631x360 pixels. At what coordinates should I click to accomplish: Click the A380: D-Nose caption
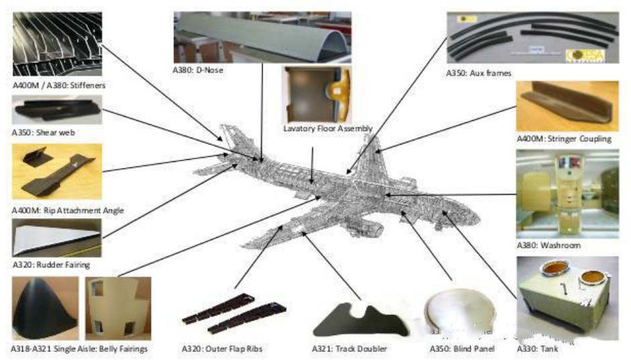pos(197,70)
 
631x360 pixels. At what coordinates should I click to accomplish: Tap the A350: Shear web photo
pos(57,110)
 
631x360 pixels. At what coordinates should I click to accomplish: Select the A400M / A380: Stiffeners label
pos(59,85)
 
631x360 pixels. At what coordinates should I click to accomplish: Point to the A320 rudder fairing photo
pos(57,238)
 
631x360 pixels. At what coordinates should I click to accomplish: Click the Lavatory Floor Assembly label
pos(328,128)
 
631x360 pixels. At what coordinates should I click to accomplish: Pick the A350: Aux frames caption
pos(479,73)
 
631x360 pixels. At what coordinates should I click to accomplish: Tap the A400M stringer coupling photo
pos(567,106)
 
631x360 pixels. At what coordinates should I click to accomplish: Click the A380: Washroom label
pos(548,245)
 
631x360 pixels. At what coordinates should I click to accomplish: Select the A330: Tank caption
pos(537,349)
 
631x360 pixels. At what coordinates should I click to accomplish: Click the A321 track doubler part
pos(360,321)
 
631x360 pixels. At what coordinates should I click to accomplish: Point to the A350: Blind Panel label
pos(462,349)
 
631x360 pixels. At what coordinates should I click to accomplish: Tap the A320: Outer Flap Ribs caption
pos(222,349)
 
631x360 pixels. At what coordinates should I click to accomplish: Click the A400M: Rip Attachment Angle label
pos(68,210)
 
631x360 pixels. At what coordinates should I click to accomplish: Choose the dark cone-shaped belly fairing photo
pos(45,308)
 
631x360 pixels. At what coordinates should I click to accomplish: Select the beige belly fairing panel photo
pos(118,308)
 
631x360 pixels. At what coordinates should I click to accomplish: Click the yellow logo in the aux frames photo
pos(585,55)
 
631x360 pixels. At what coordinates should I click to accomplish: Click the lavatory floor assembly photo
pos(317,95)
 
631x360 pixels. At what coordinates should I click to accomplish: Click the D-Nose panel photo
pos(262,37)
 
